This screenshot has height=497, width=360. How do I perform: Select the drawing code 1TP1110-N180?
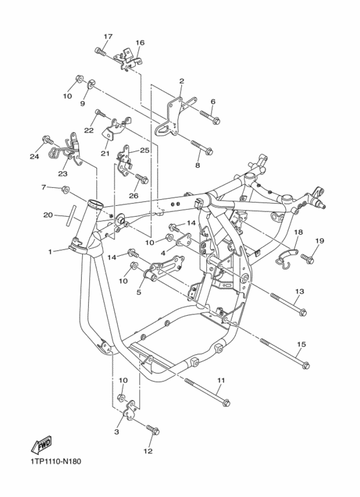(x=55, y=462)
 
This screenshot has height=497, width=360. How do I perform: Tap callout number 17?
(x=107, y=35)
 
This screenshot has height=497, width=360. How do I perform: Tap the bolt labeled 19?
(x=307, y=260)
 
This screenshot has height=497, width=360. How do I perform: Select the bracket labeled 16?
(x=128, y=60)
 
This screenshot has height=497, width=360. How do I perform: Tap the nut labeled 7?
(x=66, y=190)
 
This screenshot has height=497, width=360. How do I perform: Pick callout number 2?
(x=181, y=81)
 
